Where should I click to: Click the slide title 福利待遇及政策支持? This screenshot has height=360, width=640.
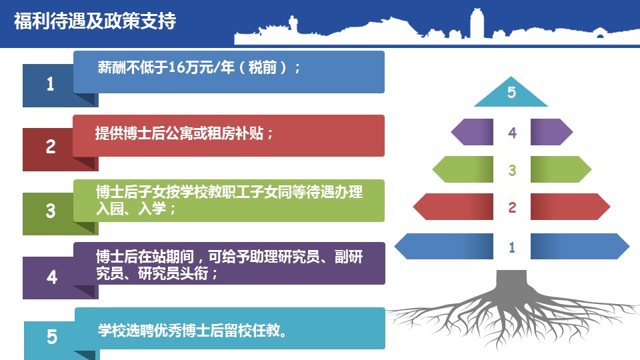pyautogui.click(x=95, y=21)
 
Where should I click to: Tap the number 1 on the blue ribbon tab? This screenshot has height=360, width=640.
pyautogui.click(x=50, y=84)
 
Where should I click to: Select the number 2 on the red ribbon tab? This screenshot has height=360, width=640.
pyautogui.click(x=51, y=147)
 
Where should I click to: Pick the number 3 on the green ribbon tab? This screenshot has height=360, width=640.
pyautogui.click(x=51, y=211)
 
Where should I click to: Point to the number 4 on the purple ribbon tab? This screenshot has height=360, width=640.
pyautogui.click(x=52, y=277)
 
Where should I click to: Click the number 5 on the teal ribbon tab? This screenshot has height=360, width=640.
pyautogui.click(x=52, y=337)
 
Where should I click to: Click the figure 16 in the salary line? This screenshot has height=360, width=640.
pyautogui.click(x=176, y=67)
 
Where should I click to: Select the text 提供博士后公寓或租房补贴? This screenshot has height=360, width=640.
pyautogui.click(x=179, y=133)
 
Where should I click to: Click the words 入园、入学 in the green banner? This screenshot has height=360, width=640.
pyautogui.click(x=131, y=209)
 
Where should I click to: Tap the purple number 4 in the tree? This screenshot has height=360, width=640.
pyautogui.click(x=512, y=133)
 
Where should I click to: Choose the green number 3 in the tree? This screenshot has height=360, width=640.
pyautogui.click(x=512, y=170)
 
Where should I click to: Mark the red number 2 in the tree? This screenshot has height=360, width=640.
pyautogui.click(x=512, y=207)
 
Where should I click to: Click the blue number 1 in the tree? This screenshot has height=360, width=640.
pyautogui.click(x=512, y=247)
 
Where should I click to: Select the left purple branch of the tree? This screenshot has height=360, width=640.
pyautogui.click(x=472, y=132)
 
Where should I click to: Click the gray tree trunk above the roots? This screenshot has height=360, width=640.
pyautogui.click(x=511, y=284)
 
